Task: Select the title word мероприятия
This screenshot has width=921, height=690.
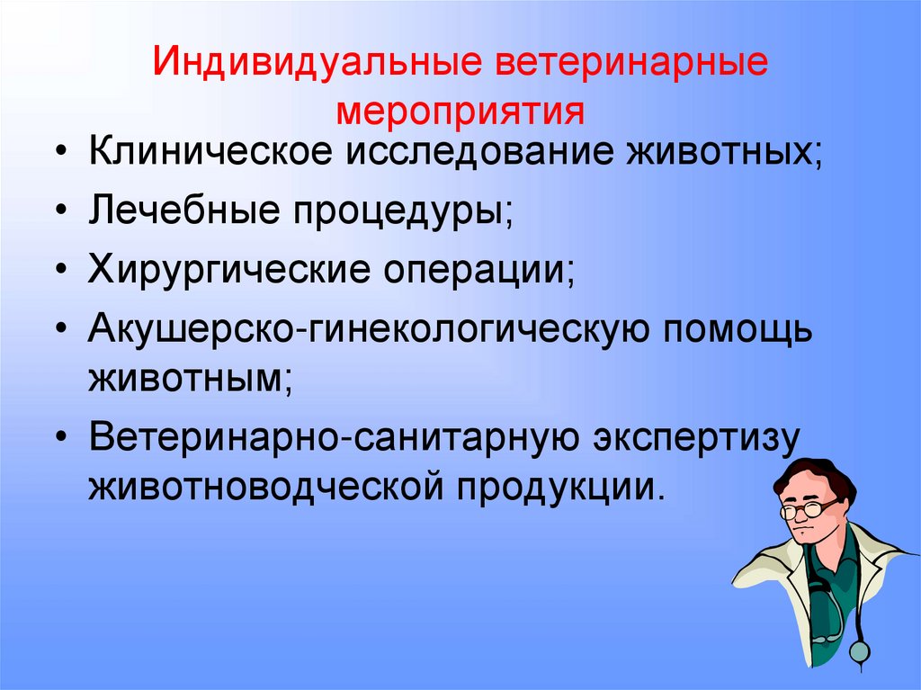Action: click(x=460, y=112)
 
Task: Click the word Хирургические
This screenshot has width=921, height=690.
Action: click(x=224, y=271)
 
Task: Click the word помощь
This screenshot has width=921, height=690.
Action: click(x=738, y=329)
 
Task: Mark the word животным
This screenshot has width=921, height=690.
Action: click(x=190, y=371)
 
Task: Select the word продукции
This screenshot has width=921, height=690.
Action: click(x=564, y=487)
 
